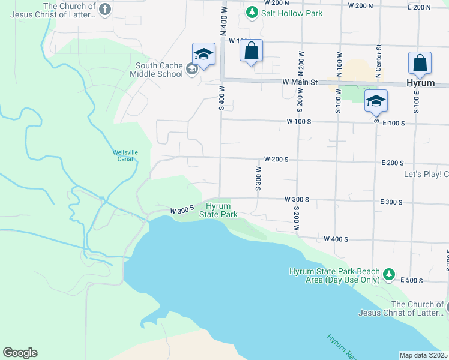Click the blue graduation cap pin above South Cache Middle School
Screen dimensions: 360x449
[203, 55]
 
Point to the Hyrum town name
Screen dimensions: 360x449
[420, 83]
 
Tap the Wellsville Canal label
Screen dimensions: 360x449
[125, 155]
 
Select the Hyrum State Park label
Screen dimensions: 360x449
[218, 210]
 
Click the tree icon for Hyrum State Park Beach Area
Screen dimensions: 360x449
[389, 275]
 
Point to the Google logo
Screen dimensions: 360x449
[20, 353]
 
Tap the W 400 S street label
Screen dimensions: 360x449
[336, 239]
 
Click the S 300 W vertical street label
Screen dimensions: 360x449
[258, 178]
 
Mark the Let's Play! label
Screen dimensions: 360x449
[426, 175]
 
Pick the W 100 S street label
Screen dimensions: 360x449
[300, 122]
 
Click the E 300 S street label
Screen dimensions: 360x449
[391, 203]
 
